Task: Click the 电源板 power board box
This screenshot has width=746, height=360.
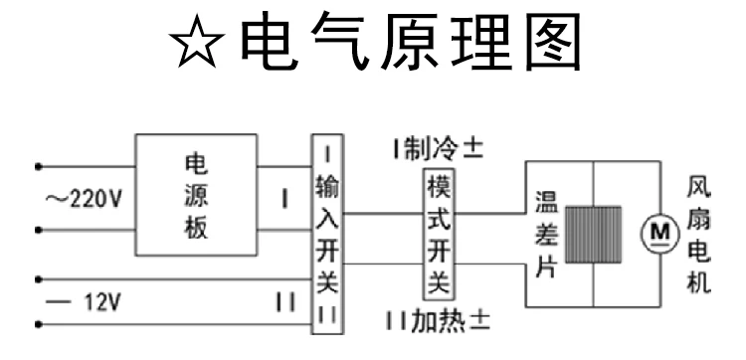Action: click(196, 195)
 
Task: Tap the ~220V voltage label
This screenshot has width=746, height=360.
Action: click(84, 200)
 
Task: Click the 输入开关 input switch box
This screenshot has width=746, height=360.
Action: click(327, 234)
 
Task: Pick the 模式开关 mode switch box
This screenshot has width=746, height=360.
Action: click(439, 234)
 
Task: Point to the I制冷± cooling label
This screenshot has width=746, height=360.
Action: click(438, 150)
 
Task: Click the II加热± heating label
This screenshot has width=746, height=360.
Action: click(438, 321)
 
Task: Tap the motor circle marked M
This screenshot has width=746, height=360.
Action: click(659, 233)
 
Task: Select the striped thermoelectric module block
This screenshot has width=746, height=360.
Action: click(593, 235)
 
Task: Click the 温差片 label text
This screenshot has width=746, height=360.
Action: click(547, 234)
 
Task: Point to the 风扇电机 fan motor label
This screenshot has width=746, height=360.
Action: click(698, 236)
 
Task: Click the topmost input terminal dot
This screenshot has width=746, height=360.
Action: click(39, 166)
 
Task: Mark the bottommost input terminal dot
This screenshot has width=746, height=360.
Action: click(39, 325)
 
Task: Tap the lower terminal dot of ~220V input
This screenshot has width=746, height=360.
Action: click(39, 230)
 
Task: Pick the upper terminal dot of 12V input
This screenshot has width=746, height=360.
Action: click(39, 279)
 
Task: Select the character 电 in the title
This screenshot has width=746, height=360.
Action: click(270, 42)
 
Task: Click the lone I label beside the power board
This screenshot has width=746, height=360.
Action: click(284, 200)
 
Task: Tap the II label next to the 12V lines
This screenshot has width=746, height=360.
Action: click(285, 302)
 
